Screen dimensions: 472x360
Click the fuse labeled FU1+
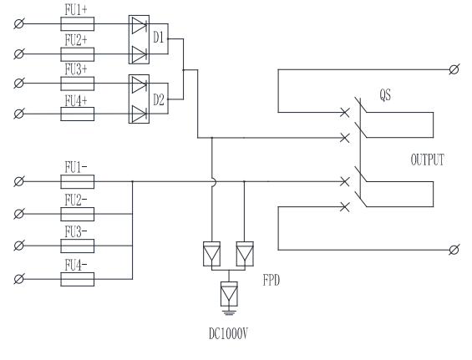tap(78, 23)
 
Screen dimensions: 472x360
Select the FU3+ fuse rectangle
tap(78, 84)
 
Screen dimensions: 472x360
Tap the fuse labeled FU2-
tap(78, 214)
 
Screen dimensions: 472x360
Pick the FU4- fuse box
tap(78, 279)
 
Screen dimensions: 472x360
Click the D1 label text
tap(159, 38)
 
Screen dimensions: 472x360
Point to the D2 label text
tap(159, 99)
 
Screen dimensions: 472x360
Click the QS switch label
tap(385, 95)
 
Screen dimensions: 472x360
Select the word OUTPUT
tap(428, 160)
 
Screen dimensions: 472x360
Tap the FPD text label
tap(272, 281)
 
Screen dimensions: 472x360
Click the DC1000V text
tap(228, 334)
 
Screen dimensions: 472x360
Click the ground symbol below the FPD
tap(229, 312)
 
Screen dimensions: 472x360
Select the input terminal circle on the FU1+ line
tap(19, 23)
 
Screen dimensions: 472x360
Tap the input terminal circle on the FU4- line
tap(19, 279)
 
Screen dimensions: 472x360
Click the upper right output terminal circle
tap(454, 69)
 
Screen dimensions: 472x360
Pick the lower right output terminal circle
tap(454, 250)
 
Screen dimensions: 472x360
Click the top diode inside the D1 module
tap(140, 25)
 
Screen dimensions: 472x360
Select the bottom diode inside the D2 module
tap(140, 114)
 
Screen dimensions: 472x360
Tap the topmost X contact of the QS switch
tap(345, 113)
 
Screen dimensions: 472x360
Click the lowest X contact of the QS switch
tap(345, 207)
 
